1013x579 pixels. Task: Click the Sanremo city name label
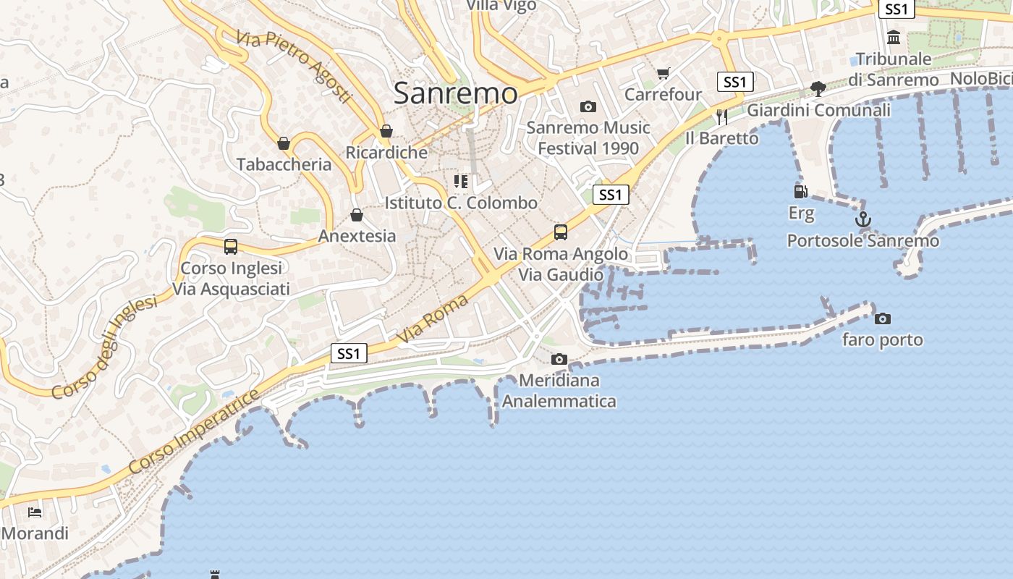coord(456,93)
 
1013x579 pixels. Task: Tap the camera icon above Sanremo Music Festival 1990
coord(588,107)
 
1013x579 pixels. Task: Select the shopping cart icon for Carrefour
coord(663,73)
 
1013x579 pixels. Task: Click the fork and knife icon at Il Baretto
coord(721,117)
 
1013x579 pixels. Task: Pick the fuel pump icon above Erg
coord(800,192)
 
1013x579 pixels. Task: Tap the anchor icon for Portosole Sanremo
coord(862,219)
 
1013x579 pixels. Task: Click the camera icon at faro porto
coord(882,318)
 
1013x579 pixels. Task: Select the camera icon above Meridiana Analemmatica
coord(559,359)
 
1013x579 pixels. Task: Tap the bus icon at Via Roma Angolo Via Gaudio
coord(561,232)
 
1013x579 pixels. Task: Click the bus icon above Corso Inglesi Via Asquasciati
coord(231,247)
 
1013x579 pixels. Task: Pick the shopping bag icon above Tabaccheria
coord(284,143)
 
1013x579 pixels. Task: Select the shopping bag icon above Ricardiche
coord(386,131)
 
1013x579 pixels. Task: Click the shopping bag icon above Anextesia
coord(356,215)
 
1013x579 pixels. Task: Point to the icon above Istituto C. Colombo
coord(461,181)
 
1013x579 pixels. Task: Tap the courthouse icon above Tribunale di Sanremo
coord(894,37)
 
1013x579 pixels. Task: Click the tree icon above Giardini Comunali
coord(818,89)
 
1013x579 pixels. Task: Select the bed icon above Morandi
coord(34,512)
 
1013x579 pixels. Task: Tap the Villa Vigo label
coord(501,6)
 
